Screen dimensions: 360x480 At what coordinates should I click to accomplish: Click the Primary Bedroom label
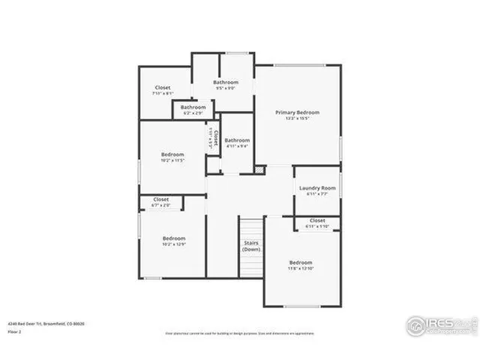click(x=297, y=112)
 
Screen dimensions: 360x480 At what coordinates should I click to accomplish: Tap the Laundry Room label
click(x=317, y=188)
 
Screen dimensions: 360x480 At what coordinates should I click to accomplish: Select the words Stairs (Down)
click(x=251, y=245)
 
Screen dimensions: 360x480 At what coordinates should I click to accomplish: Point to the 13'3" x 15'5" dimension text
click(x=297, y=119)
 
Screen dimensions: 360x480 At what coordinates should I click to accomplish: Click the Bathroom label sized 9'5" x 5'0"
click(x=225, y=82)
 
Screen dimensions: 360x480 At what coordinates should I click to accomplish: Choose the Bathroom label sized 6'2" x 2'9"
click(x=193, y=107)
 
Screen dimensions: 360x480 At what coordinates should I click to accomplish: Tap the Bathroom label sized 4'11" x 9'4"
click(x=237, y=140)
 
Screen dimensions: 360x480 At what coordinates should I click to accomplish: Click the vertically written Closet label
click(x=215, y=138)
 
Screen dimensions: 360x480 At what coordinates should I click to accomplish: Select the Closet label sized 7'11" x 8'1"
click(x=163, y=88)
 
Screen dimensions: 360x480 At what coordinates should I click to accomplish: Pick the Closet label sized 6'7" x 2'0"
click(x=161, y=199)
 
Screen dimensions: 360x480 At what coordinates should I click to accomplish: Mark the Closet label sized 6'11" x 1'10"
click(x=317, y=220)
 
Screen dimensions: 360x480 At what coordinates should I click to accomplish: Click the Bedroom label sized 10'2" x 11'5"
click(x=172, y=154)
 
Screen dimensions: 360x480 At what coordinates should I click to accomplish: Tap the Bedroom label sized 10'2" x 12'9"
click(x=173, y=238)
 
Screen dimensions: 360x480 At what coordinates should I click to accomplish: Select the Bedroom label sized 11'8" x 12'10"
click(x=301, y=262)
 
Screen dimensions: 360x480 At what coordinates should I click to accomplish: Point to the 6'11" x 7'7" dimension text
click(x=317, y=195)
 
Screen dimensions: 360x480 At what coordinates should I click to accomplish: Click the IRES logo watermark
click(x=440, y=325)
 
